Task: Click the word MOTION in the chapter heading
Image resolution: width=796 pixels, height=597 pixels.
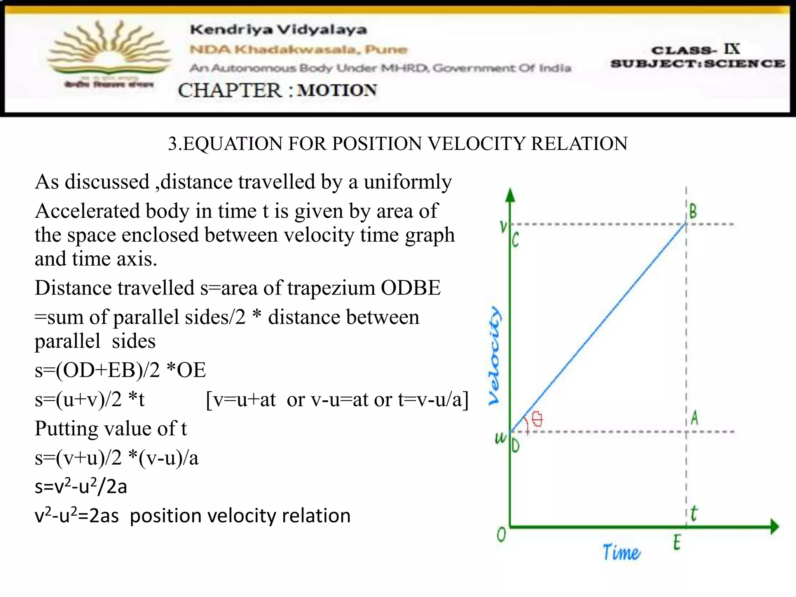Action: click(337, 91)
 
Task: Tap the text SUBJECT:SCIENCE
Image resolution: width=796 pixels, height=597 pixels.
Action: click(698, 63)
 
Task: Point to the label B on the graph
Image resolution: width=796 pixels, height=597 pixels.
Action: click(693, 212)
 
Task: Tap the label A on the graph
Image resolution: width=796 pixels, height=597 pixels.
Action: click(695, 418)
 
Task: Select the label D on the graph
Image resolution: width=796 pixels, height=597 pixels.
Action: click(515, 445)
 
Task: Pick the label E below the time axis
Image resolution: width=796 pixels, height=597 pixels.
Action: click(677, 542)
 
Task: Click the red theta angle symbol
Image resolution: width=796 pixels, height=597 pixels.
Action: click(537, 419)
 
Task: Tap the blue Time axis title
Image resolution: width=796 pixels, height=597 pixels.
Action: click(621, 552)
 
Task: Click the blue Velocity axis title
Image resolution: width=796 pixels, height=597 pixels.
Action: click(494, 356)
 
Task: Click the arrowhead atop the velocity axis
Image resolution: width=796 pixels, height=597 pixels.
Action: click(510, 195)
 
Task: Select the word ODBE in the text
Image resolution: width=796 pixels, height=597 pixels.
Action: click(410, 288)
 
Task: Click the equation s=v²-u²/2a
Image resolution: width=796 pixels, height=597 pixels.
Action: click(81, 486)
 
